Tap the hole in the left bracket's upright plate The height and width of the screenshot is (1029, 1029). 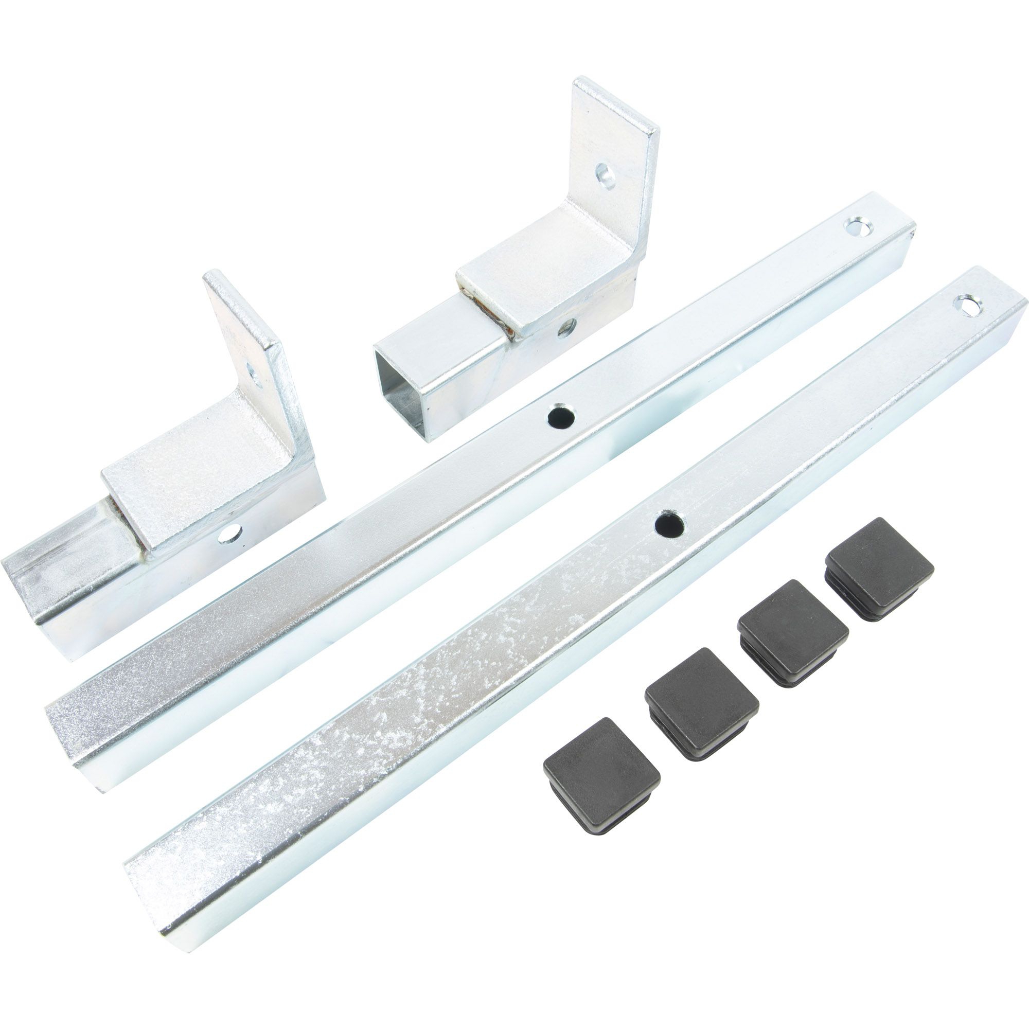255,375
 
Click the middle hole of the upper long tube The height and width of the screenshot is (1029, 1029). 561,417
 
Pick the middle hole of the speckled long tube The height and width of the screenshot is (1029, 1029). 669,525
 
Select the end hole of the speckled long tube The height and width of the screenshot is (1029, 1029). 968,306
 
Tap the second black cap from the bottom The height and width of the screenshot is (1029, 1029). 701,702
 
